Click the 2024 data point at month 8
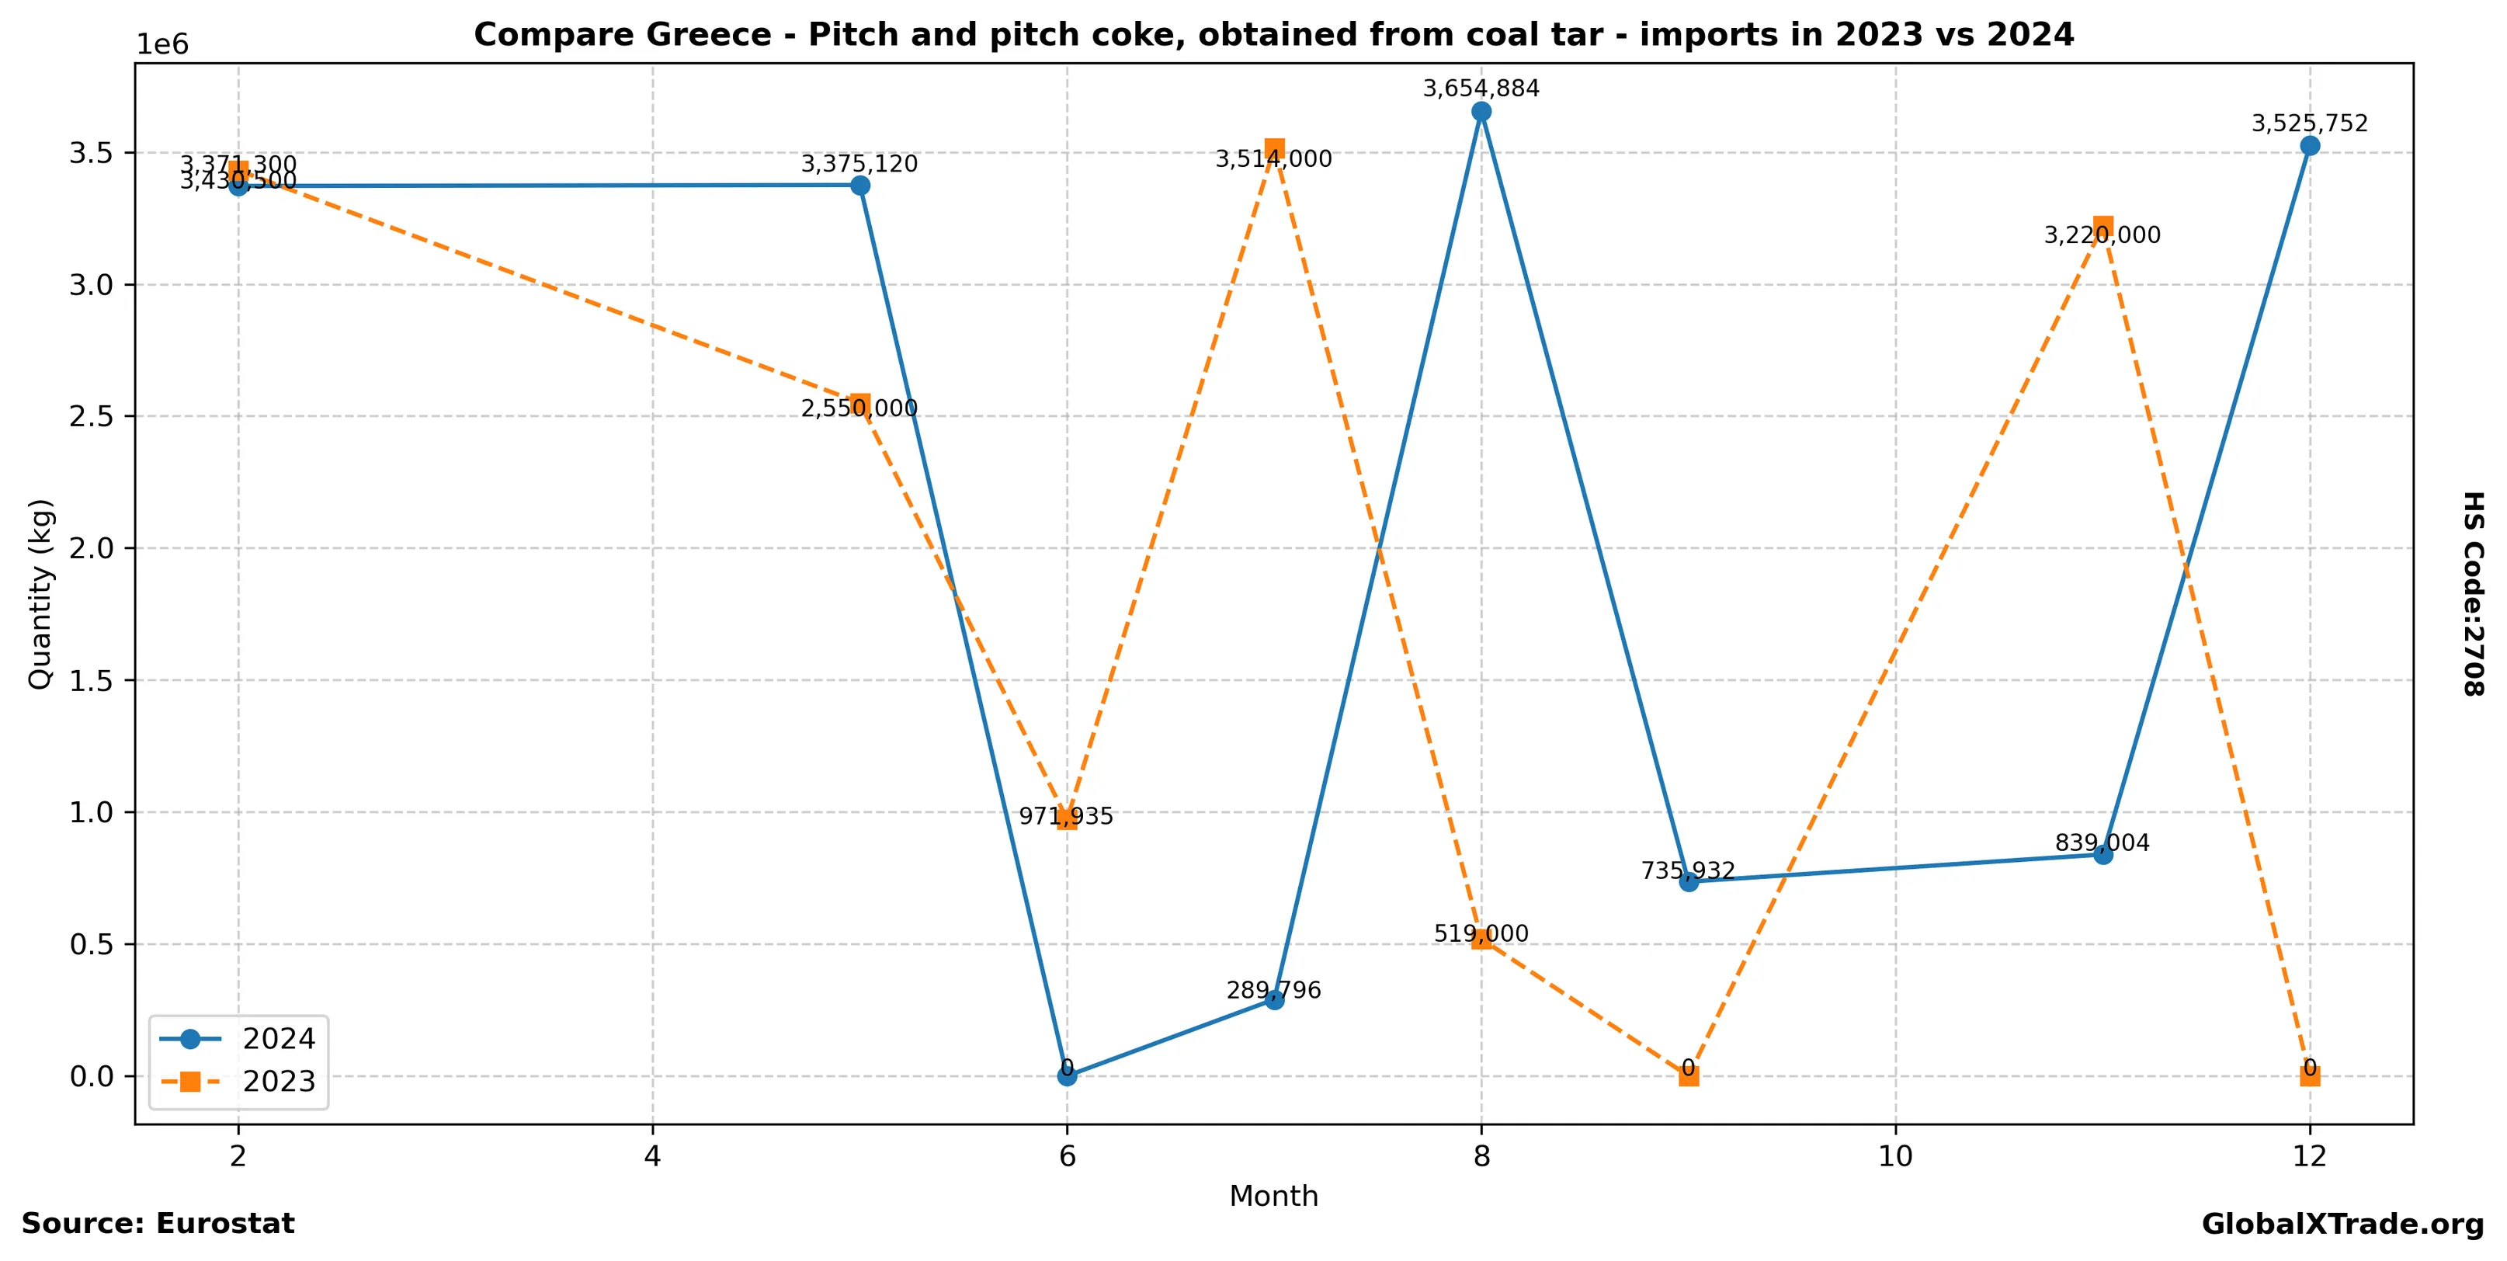tap(1481, 112)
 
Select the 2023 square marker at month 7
tap(1274, 149)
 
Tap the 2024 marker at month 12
tap(2310, 146)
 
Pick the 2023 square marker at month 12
tap(2310, 1075)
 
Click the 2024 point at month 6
tap(1067, 1076)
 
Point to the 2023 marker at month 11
tap(2102, 227)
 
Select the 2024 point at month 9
tap(1689, 881)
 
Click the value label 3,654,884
tap(1481, 89)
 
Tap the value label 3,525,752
tap(2310, 123)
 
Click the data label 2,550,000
tap(859, 408)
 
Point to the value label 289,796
tap(1273, 991)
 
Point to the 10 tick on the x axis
tap(1895, 1156)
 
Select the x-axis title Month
tap(1273, 1196)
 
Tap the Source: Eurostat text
tap(158, 1223)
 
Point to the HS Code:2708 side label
tap(2473, 593)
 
